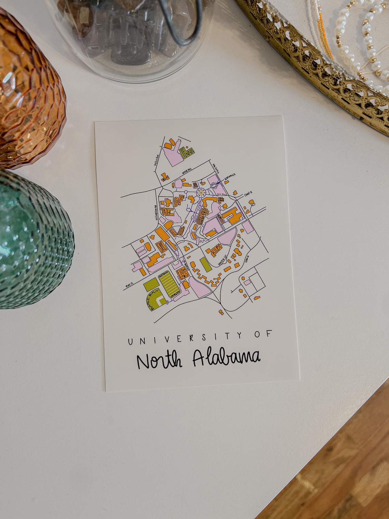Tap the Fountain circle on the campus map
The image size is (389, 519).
(x=201, y=194)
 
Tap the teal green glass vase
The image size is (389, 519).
(x=31, y=239)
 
